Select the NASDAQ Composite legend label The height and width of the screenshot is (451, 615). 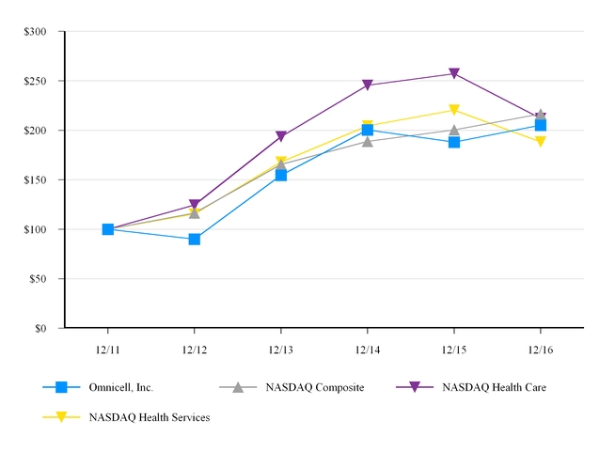314,387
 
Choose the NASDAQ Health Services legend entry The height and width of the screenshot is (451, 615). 149,417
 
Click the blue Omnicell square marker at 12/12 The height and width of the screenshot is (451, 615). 195,239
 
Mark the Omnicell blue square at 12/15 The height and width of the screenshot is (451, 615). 454,142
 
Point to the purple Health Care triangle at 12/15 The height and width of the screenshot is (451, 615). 454,73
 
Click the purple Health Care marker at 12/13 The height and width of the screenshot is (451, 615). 281,137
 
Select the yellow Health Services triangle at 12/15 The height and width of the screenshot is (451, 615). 454,111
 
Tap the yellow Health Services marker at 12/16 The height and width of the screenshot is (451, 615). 541,142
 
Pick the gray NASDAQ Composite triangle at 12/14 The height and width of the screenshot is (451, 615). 368,141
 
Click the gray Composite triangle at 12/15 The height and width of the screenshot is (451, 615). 454,130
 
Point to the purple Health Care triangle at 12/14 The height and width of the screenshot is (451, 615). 368,86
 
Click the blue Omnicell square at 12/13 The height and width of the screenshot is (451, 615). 281,175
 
